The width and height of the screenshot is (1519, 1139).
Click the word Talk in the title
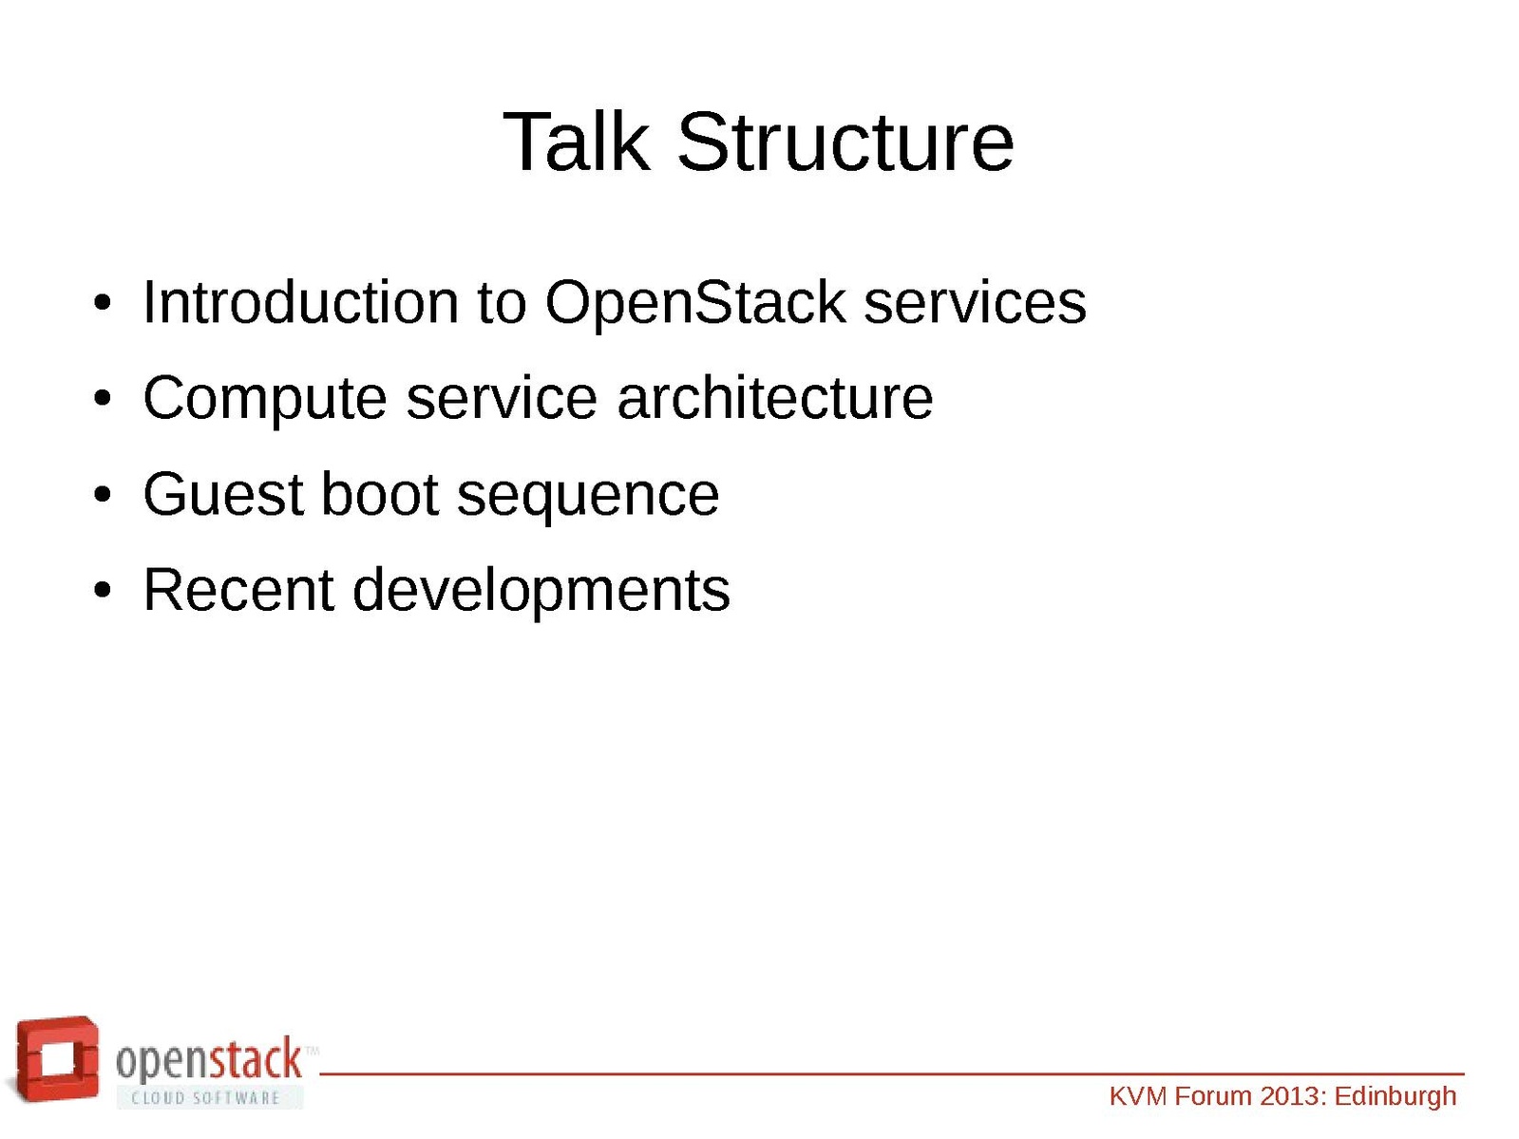point(577,142)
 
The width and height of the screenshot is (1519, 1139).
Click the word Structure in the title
point(845,142)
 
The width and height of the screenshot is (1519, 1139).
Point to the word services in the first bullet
point(975,303)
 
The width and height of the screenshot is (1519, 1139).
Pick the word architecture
point(775,398)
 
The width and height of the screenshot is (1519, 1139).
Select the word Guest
point(223,494)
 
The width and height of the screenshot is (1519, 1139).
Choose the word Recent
point(238,590)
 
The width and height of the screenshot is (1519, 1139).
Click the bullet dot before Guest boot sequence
point(103,496)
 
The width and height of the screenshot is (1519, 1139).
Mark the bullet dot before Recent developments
point(103,591)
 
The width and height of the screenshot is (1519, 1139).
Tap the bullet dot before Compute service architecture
point(103,399)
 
